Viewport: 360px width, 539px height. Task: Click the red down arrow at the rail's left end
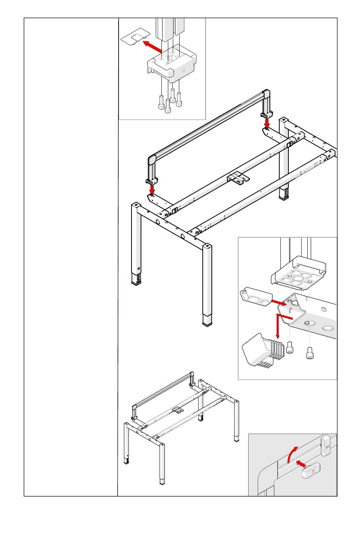coord(152,188)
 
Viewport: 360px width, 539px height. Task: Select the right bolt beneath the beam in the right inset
coord(310,353)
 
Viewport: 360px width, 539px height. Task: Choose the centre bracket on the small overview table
coord(177,410)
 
